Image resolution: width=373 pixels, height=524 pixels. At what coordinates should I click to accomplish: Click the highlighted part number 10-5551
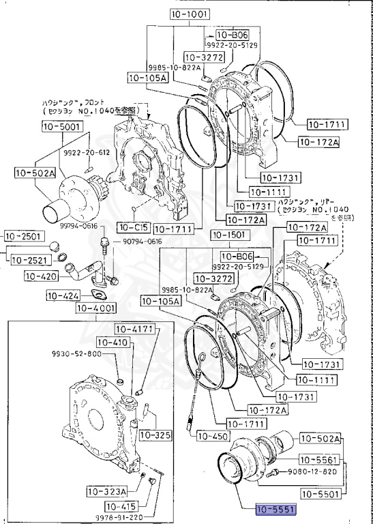coord(276,509)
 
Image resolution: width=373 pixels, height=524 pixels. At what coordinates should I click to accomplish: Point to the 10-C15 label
coord(132,227)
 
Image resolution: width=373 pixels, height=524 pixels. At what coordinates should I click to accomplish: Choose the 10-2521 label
coord(29,262)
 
